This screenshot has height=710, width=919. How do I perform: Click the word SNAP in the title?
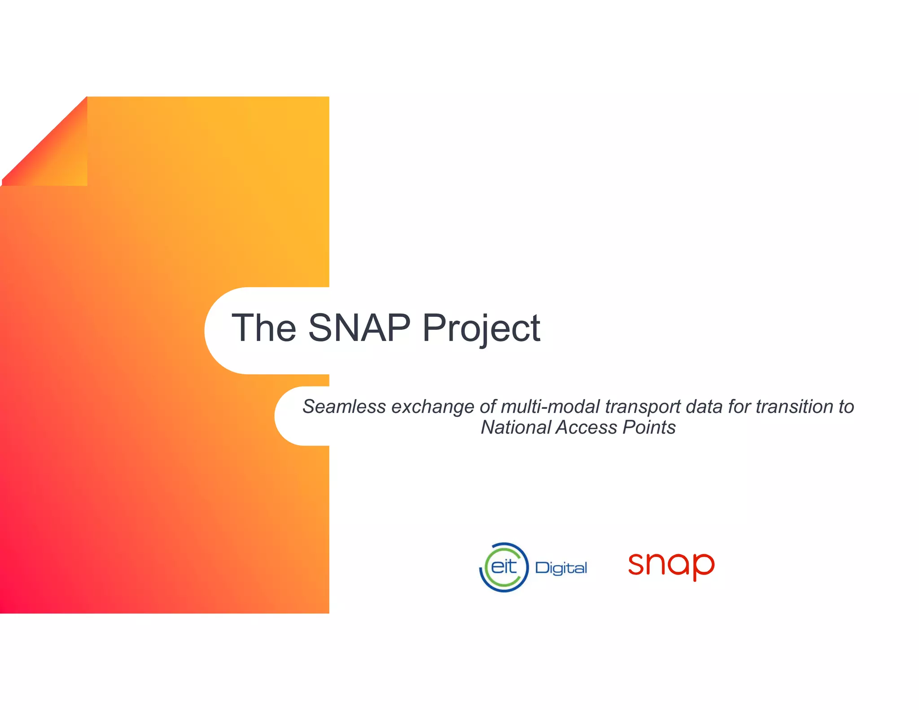pyautogui.click(x=359, y=328)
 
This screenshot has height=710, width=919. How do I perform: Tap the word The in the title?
pyautogui.click(x=264, y=328)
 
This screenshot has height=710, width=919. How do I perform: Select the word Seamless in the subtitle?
pyautogui.click(x=344, y=407)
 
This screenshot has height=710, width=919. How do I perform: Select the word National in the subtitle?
pyautogui.click(x=516, y=427)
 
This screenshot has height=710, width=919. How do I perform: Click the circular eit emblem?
pyautogui.click(x=504, y=567)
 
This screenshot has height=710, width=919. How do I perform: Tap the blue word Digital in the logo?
pyautogui.click(x=561, y=568)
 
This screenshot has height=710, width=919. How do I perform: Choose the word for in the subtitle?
pyautogui.click(x=739, y=407)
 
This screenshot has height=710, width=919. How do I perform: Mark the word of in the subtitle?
pyautogui.click(x=488, y=407)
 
